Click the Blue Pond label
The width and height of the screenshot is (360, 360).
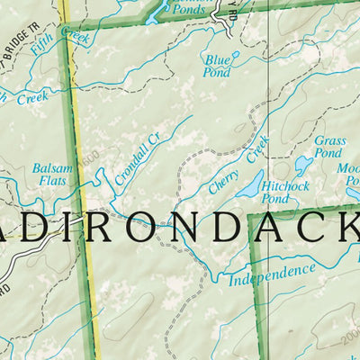[x=217, y=66]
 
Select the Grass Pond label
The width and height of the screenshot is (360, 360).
[x=329, y=147]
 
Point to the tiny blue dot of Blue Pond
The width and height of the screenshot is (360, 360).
[x=237, y=54]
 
